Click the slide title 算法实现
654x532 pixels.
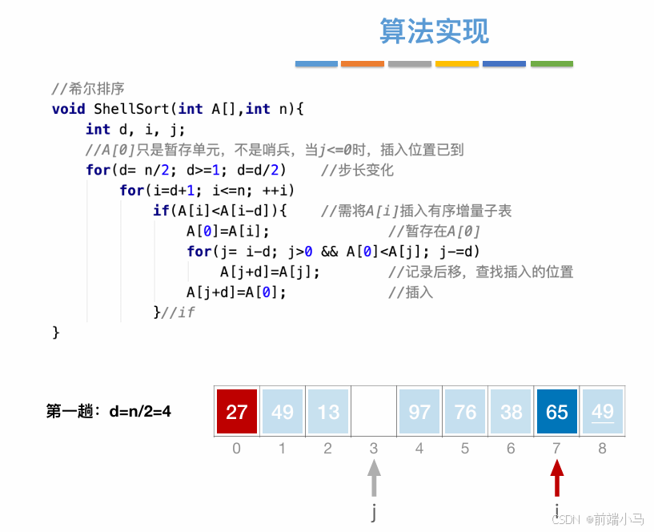[x=434, y=31]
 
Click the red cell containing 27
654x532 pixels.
[x=236, y=411]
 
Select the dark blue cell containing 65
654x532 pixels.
[x=556, y=411]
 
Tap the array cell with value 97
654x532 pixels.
[x=419, y=411]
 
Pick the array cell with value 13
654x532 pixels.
[x=327, y=411]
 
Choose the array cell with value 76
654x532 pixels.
[x=465, y=411]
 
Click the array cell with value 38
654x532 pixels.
[x=511, y=411]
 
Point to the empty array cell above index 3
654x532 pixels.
[x=374, y=411]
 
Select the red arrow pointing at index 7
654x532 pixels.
[x=556, y=478]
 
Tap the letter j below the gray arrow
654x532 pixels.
[x=374, y=511]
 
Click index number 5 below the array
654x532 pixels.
[x=465, y=449]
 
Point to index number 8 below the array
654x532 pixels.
[x=603, y=449]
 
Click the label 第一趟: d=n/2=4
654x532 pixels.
[x=109, y=412]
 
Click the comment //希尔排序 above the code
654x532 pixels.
[x=88, y=88]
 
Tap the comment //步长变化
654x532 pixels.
[x=357, y=170]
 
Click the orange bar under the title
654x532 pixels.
[x=362, y=63]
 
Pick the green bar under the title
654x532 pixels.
[x=552, y=63]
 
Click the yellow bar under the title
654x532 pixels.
[x=457, y=63]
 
